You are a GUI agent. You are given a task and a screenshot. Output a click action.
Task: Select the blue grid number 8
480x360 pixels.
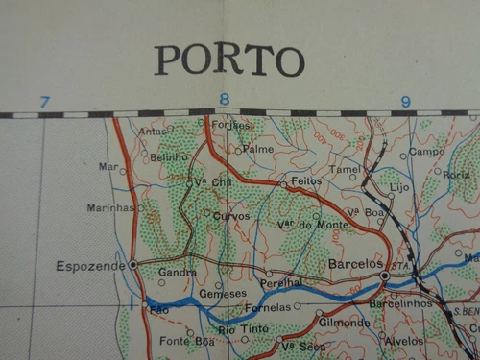coord(225,99)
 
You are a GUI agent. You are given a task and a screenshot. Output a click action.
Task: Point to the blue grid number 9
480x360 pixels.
coord(405,100)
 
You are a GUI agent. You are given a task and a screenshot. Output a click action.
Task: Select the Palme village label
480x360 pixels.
coord(258,149)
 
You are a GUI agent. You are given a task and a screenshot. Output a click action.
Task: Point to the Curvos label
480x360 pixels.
coord(232,216)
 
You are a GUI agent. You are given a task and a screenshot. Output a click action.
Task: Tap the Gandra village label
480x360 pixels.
coord(178,273)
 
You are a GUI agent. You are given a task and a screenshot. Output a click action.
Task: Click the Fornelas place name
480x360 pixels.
coord(268,307)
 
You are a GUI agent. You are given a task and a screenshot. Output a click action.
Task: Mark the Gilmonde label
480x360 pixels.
coord(345,324)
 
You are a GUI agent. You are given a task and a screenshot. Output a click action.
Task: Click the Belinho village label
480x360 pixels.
coord(170,156)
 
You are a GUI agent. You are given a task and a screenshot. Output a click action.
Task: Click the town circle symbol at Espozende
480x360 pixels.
coord(133,263)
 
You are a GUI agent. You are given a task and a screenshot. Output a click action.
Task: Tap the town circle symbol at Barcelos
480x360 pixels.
coord(385,276)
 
